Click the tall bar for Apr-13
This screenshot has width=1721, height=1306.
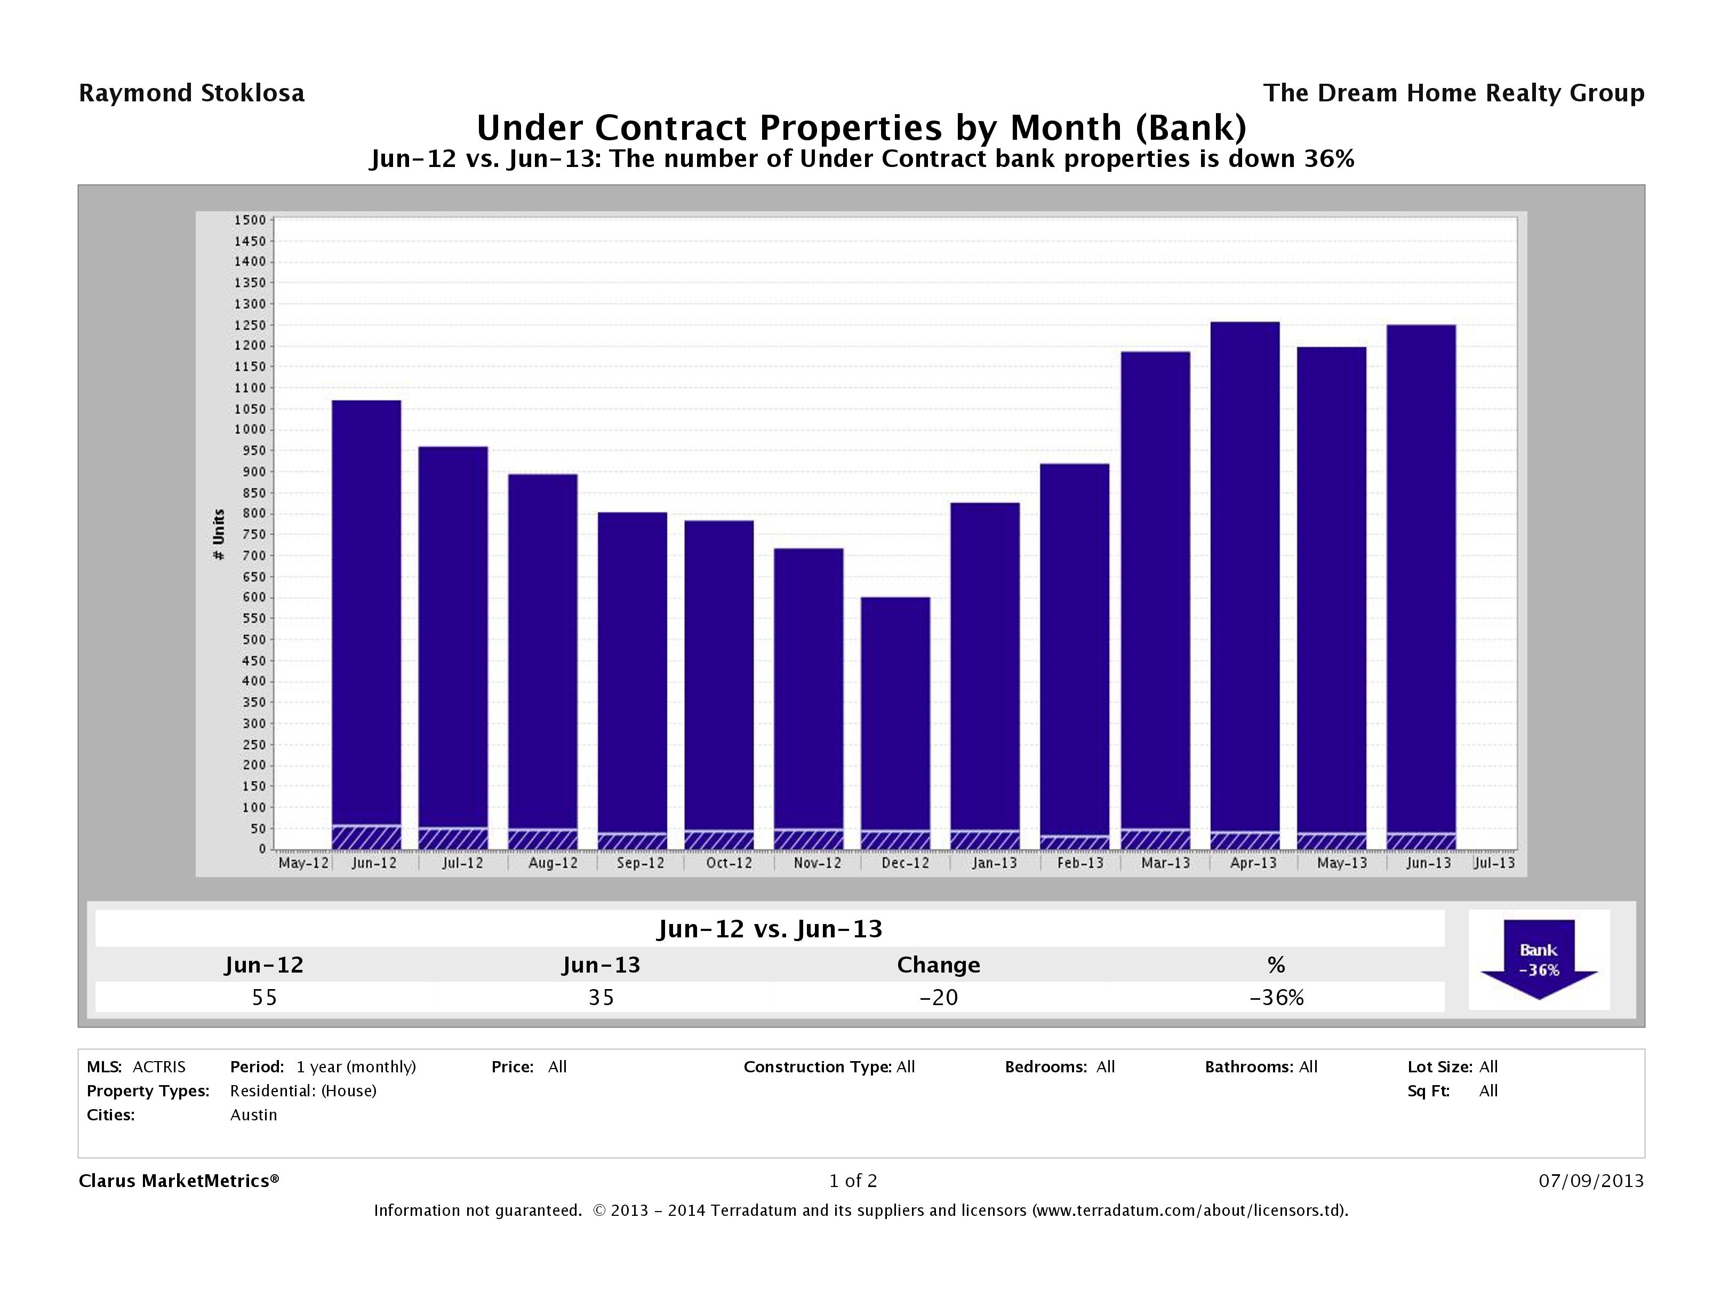point(1245,576)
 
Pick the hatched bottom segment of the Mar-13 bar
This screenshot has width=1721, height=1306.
point(1155,840)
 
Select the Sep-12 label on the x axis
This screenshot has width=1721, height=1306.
point(641,863)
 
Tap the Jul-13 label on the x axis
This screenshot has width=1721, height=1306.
point(1494,863)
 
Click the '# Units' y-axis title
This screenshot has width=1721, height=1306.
point(219,535)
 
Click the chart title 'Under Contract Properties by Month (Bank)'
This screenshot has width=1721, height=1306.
point(861,127)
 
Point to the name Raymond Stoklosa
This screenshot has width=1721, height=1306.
point(191,93)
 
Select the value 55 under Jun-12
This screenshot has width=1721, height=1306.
point(265,998)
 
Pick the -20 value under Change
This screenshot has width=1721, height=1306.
point(938,998)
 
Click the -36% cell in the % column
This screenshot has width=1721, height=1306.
point(1276,998)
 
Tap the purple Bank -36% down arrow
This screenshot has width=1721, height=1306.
point(1538,959)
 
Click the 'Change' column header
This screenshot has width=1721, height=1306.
point(938,965)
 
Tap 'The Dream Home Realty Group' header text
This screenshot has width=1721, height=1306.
point(1453,93)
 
